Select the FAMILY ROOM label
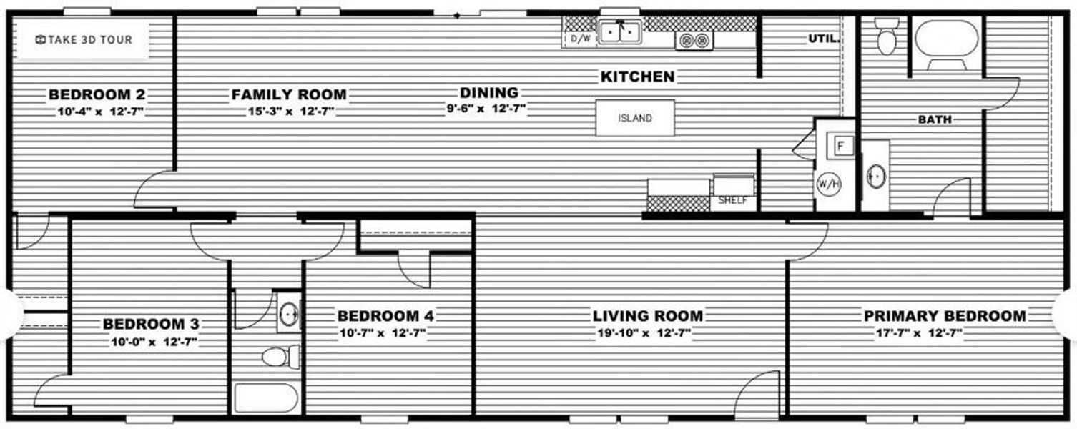tap(289, 94)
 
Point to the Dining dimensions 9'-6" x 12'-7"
tap(488, 109)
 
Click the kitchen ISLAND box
tap(635, 118)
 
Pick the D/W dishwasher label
tap(581, 39)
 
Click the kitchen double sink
tap(620, 33)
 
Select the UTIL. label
tap(823, 39)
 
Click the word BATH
tap(935, 120)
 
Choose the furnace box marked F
tap(841, 146)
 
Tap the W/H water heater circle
tap(828, 184)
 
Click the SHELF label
tap(732, 201)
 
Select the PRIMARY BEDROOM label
tap(944, 316)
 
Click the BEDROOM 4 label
tap(385, 316)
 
